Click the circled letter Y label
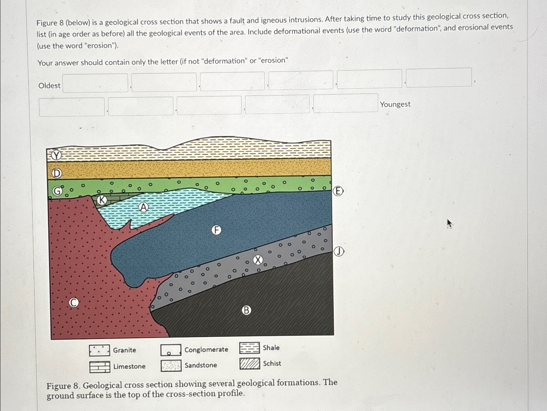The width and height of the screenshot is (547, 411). (56, 156)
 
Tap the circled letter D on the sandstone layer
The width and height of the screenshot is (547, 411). (57, 174)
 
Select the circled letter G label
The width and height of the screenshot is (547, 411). (57, 191)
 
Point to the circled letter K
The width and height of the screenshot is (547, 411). (102, 200)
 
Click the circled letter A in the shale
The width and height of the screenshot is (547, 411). (143, 207)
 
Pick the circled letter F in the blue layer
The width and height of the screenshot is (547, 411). (217, 230)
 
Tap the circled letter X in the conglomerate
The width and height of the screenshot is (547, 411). (258, 260)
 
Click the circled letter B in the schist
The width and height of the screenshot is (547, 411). (246, 310)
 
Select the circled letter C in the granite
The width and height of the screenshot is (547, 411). (74, 303)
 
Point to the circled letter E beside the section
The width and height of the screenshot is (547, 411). (338, 191)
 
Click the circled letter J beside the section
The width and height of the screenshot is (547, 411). (339, 251)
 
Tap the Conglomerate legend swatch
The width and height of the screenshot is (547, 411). (171, 350)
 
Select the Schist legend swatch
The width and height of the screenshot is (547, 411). (250, 364)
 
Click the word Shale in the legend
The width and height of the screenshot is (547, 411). (271, 348)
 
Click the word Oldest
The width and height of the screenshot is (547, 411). (49, 86)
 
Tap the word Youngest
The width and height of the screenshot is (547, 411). (395, 104)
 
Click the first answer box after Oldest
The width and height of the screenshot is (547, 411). (95, 83)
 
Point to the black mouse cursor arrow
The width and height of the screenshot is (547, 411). (449, 223)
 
